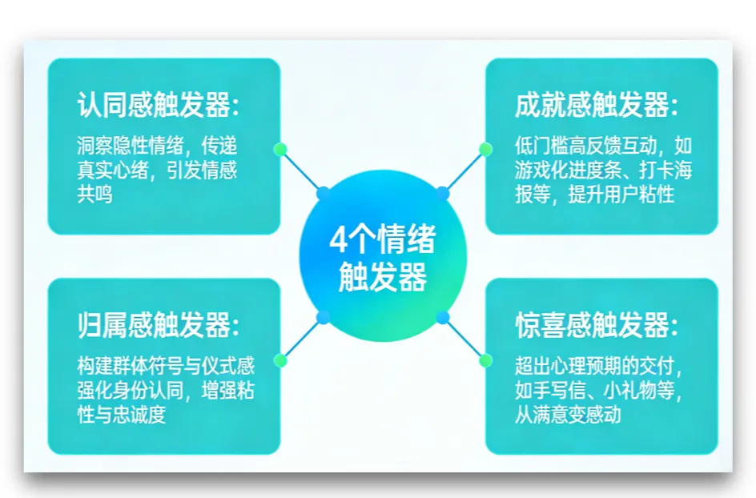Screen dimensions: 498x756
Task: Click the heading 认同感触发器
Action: (x=158, y=105)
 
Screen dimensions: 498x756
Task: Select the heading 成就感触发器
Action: (x=596, y=105)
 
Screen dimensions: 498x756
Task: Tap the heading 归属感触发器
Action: (x=158, y=326)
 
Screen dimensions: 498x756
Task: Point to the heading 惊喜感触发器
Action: (x=596, y=326)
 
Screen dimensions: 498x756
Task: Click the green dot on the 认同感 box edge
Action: (x=280, y=149)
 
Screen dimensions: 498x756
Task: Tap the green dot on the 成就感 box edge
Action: (x=485, y=149)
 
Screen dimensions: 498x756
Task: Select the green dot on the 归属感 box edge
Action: (x=280, y=360)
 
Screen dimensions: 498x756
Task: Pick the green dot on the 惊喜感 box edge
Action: (x=485, y=360)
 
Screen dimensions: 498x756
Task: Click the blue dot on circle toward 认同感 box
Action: (x=324, y=193)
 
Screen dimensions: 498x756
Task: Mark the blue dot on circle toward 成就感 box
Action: (x=442, y=192)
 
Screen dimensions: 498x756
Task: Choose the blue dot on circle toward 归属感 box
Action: (x=324, y=318)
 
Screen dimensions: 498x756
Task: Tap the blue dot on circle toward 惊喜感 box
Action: (x=443, y=318)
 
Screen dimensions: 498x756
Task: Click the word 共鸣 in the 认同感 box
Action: (x=94, y=195)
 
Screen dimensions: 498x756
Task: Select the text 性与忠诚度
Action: (x=121, y=416)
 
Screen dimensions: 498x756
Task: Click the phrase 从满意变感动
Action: (x=568, y=416)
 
